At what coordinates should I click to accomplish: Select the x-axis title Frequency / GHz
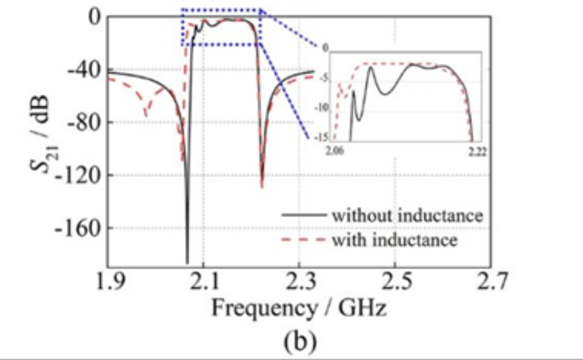click(x=299, y=308)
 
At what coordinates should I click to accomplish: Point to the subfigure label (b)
click(x=299, y=341)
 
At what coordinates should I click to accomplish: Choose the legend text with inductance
click(x=395, y=239)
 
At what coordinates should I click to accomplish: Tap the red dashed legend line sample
click(x=304, y=240)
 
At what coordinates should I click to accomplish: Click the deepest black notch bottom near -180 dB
click(x=187, y=261)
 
